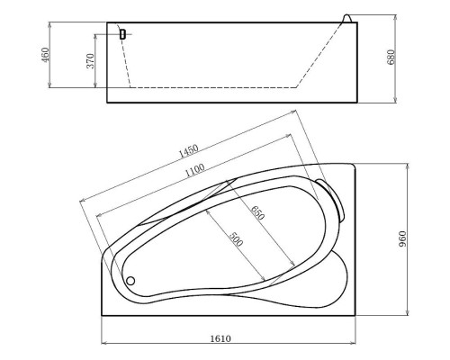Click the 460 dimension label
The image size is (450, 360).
tap(45, 55)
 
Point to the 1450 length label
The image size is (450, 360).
tap(187, 148)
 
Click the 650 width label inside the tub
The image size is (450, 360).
tap(257, 215)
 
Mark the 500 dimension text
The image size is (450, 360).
tap(235, 239)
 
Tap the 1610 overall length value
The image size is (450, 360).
tap(222, 338)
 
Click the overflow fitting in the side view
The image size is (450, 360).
tap(121, 34)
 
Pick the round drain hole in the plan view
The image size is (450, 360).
tap(130, 280)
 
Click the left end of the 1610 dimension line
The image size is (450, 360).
tap(101, 344)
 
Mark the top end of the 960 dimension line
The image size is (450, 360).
tap(410, 164)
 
